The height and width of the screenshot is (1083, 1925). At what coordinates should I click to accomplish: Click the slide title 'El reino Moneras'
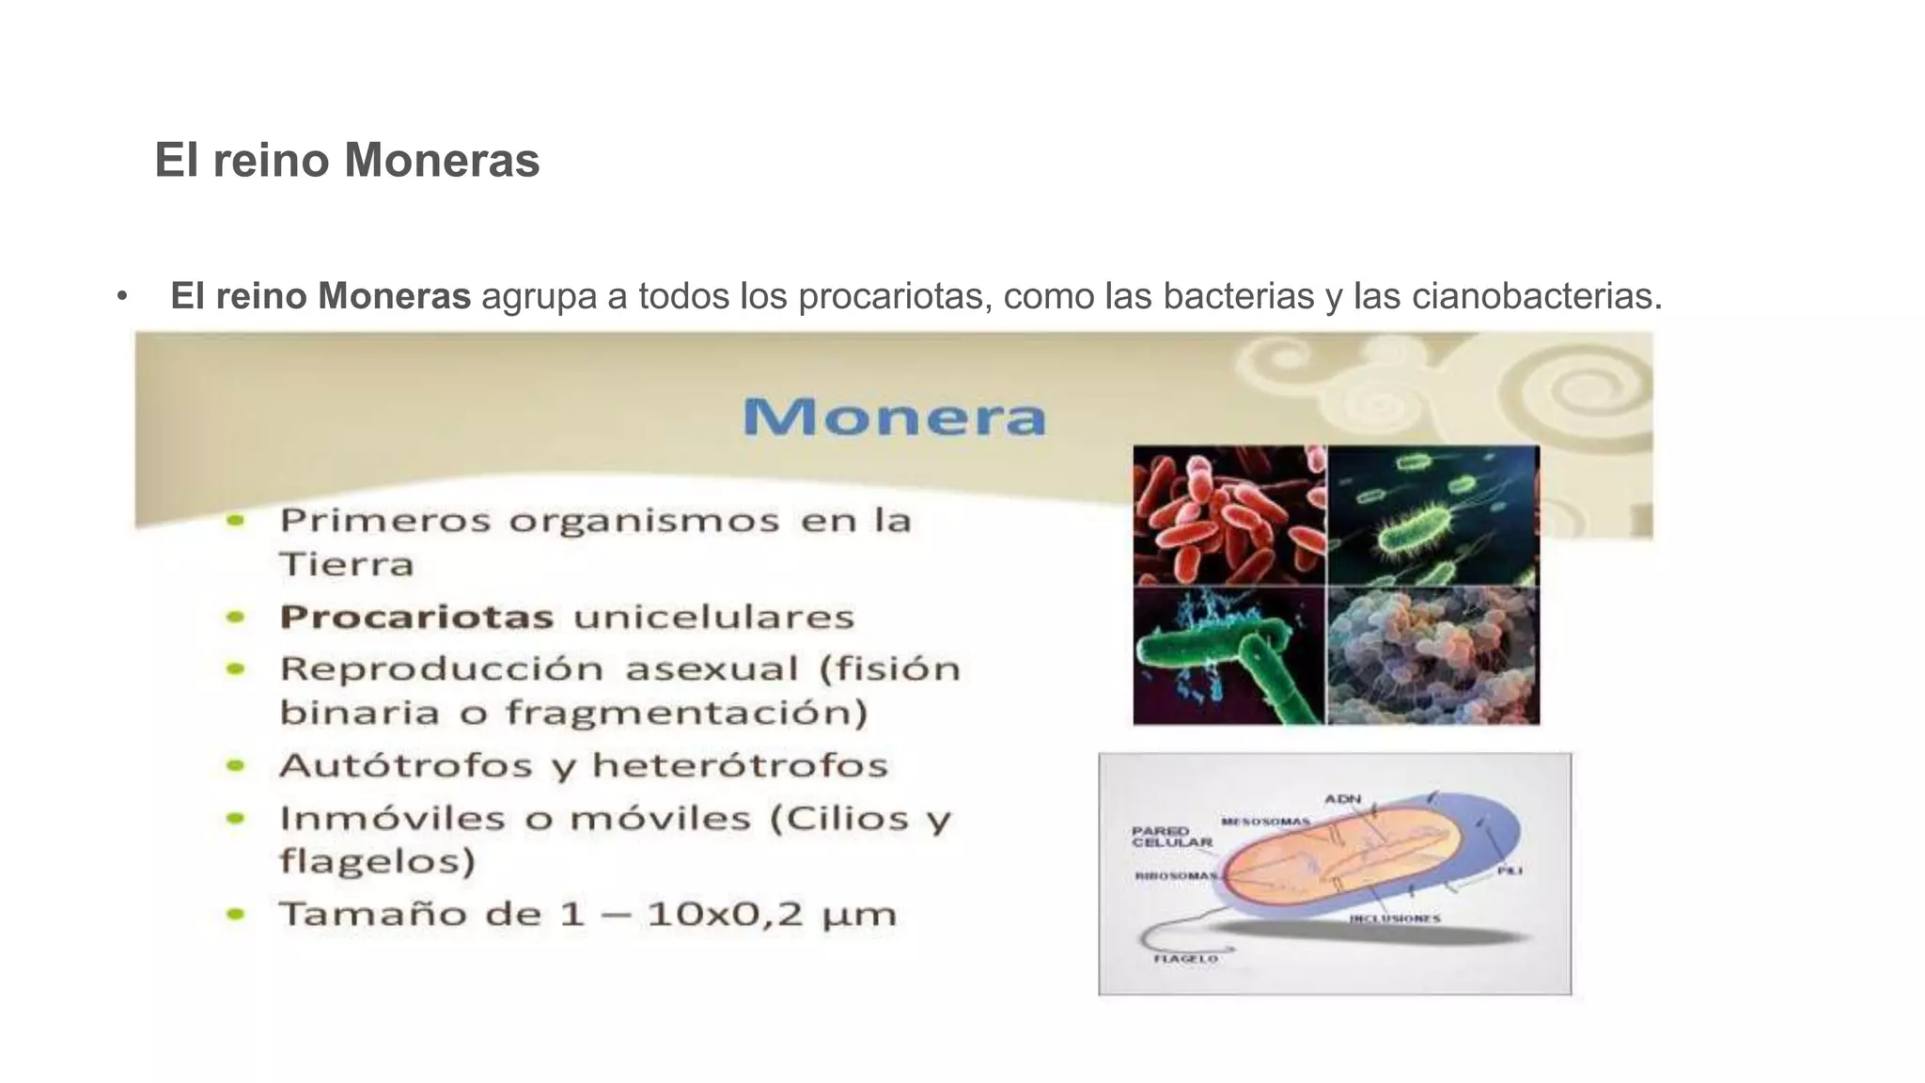pyautogui.click(x=347, y=160)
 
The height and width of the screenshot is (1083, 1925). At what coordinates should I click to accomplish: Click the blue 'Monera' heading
pyautogui.click(x=894, y=416)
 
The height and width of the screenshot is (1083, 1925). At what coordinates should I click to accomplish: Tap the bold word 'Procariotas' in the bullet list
pyautogui.click(x=416, y=618)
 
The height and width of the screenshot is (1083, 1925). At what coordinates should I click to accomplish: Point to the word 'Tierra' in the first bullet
pyautogui.click(x=347, y=565)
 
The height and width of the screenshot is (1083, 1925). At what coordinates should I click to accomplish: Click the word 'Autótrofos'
pyautogui.click(x=406, y=766)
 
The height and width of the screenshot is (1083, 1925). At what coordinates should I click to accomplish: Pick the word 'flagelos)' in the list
pyautogui.click(x=378, y=861)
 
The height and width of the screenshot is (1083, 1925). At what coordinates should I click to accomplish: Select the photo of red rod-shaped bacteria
pyautogui.click(x=1228, y=514)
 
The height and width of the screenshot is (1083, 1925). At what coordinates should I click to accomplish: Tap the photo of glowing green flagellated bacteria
pyautogui.click(x=1432, y=514)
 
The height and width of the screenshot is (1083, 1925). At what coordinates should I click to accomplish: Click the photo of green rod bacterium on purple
pyautogui.click(x=1228, y=656)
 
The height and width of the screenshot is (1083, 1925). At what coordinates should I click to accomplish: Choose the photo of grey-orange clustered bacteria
pyautogui.click(x=1432, y=656)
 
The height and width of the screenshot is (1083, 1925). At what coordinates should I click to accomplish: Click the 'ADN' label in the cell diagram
pyautogui.click(x=1342, y=799)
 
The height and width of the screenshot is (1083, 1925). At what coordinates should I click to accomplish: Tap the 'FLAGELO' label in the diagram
pyautogui.click(x=1185, y=959)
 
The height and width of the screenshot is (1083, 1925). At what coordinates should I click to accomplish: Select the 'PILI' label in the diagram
pyautogui.click(x=1509, y=871)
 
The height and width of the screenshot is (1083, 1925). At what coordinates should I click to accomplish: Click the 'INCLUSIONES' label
pyautogui.click(x=1394, y=918)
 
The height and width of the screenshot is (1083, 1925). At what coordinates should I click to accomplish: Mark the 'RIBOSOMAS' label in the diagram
pyautogui.click(x=1176, y=876)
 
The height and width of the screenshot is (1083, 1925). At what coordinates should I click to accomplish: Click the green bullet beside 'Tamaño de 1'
pyautogui.click(x=236, y=914)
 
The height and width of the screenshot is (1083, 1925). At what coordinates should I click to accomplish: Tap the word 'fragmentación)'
pyautogui.click(x=686, y=713)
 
